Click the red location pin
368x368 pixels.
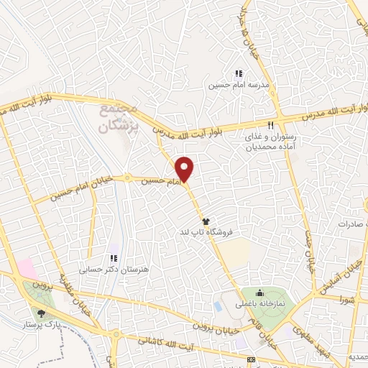click(x=185, y=168)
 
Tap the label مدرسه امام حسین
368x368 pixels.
click(x=239, y=85)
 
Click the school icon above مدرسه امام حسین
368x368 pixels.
click(x=239, y=73)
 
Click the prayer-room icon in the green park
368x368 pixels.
click(x=261, y=293)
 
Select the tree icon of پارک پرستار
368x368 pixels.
click(x=40, y=313)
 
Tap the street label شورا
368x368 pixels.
click(x=333, y=297)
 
